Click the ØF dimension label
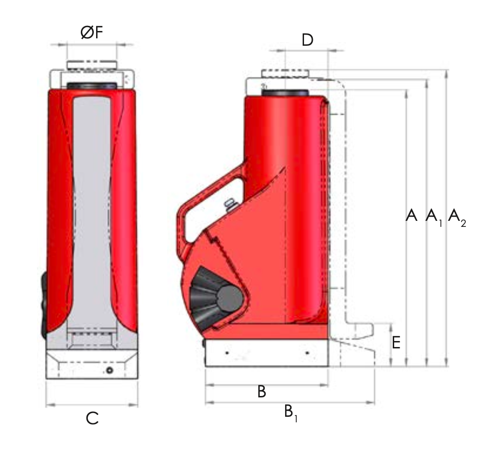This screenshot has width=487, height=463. [x=91, y=33]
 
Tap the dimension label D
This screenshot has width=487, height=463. [x=307, y=40]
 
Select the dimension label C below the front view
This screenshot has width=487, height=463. [x=92, y=419]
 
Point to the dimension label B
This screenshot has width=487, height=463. [x=262, y=392]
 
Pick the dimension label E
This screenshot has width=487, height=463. [x=396, y=343]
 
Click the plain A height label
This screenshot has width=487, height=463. [x=411, y=215]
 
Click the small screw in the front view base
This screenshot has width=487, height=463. [x=110, y=370]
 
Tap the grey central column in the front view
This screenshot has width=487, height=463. [x=92, y=208]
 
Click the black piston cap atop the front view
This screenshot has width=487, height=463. [x=91, y=86]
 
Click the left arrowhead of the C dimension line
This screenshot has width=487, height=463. [x=49, y=405]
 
